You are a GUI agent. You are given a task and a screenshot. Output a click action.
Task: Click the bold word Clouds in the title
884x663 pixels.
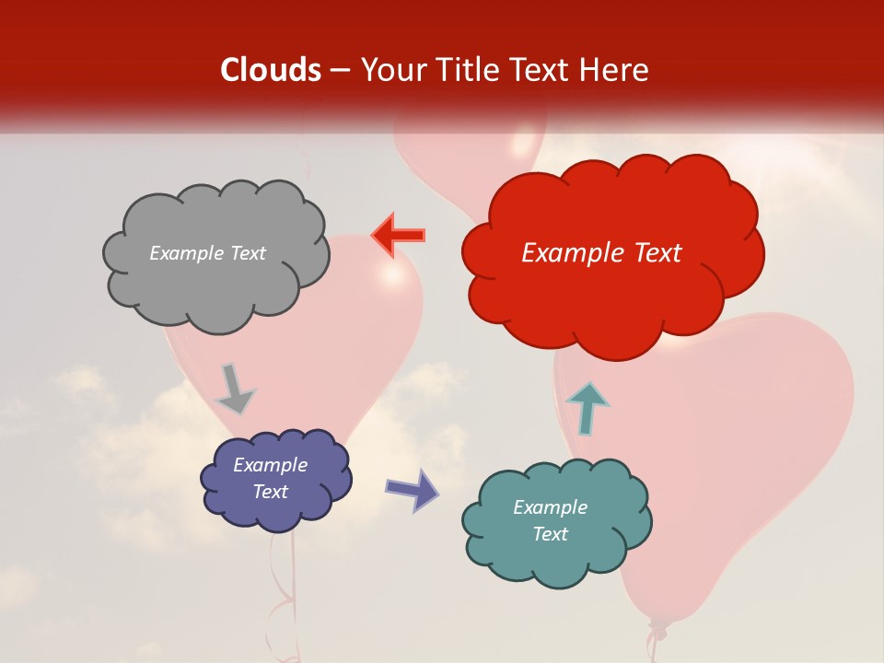pyautogui.click(x=271, y=70)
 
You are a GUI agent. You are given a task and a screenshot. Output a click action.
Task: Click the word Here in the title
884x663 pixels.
pyautogui.click(x=613, y=70)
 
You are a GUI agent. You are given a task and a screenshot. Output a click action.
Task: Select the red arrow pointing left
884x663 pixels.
pyautogui.click(x=398, y=235)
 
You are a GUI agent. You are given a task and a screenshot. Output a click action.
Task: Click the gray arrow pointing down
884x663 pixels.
pyautogui.click(x=235, y=388)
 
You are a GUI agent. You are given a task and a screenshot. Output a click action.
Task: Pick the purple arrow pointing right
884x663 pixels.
pyautogui.click(x=413, y=489)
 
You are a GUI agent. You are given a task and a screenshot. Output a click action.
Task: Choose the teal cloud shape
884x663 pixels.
pyautogui.click(x=557, y=521)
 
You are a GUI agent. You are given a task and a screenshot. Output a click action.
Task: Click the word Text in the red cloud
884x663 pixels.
pyautogui.click(x=651, y=253)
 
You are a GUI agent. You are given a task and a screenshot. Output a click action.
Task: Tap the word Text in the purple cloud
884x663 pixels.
pyautogui.click(x=271, y=492)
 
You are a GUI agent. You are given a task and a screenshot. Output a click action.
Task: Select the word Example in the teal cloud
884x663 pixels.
pyautogui.click(x=550, y=507)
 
